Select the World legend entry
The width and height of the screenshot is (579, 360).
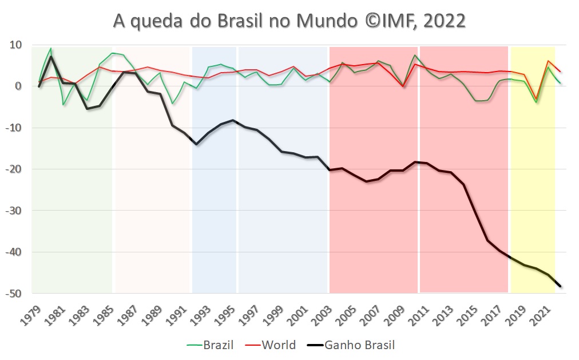[x=279, y=345]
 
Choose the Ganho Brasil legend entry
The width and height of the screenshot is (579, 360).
[x=359, y=345]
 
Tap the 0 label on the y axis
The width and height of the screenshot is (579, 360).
[x=18, y=86]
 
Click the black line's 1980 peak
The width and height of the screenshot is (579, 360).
[x=51, y=56]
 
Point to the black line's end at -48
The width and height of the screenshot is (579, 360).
[x=560, y=286]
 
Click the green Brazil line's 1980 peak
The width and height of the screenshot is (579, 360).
[x=51, y=49]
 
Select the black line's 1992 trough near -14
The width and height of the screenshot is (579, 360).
[x=196, y=144]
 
